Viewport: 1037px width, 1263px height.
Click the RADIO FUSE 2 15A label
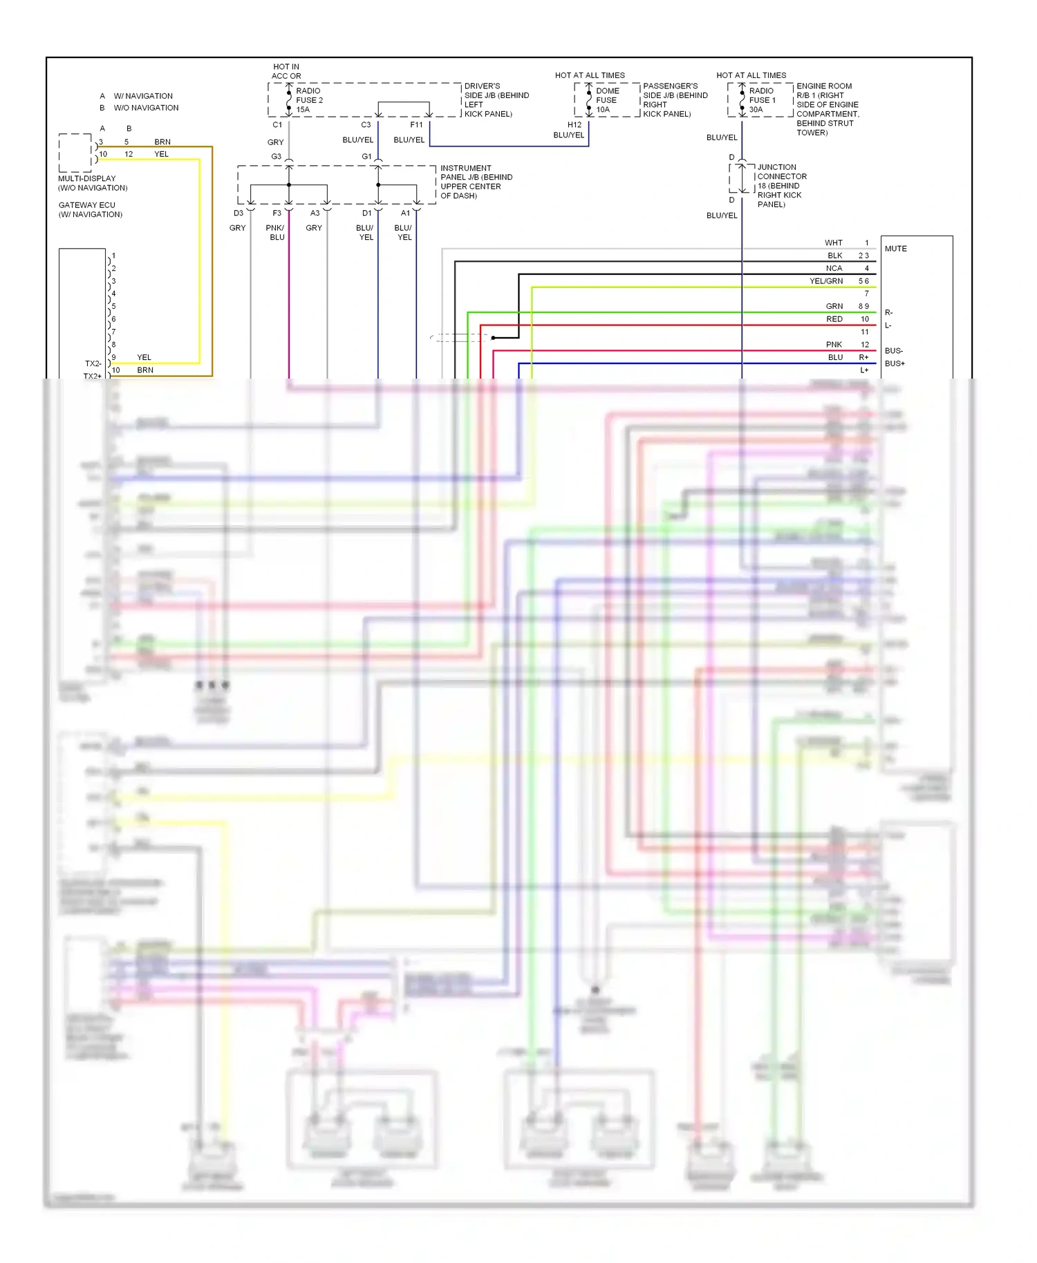coord(309,100)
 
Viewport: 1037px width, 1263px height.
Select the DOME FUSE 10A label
coord(607,100)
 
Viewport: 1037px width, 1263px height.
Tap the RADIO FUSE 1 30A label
coord(762,100)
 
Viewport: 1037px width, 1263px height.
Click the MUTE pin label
coord(895,249)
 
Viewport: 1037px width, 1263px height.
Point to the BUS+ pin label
coord(895,363)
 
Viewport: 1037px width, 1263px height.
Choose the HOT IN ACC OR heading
coord(286,71)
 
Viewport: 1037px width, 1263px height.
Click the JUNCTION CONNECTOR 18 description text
coord(781,186)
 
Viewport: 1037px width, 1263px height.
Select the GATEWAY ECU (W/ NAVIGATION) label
coord(90,210)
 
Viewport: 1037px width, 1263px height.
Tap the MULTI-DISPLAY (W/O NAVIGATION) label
coord(93,183)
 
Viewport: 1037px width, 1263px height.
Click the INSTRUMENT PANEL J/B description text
coord(476,182)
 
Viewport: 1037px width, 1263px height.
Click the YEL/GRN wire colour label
coord(826,281)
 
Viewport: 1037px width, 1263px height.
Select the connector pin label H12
coord(574,125)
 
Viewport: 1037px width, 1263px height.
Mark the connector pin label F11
coord(416,125)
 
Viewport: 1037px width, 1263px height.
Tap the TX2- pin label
coord(93,363)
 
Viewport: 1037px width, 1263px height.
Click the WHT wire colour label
coord(833,243)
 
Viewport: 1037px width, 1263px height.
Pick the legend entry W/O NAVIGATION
coord(146,108)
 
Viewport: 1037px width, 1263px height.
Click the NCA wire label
coord(834,268)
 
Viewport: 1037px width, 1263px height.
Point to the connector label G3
coord(276,157)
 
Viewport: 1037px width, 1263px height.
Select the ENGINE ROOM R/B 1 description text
coord(827,109)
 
